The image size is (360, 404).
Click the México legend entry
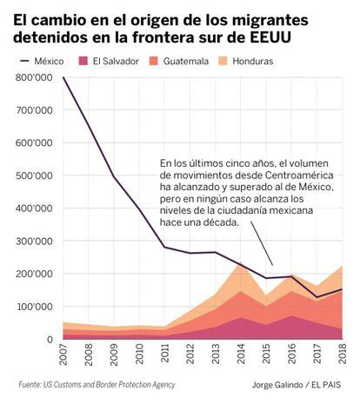tap(42, 61)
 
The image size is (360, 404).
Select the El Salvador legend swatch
tap(83, 61)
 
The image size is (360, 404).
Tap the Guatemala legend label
tap(186, 61)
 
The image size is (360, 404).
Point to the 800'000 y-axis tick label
tap(34, 77)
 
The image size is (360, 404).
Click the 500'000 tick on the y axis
tap(34, 176)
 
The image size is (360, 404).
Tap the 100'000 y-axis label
tap(34, 307)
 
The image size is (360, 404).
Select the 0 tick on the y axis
tap(50, 339)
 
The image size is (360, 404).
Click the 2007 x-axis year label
tap(63, 354)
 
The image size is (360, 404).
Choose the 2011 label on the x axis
tap(164, 354)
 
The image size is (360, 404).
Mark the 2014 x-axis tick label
tap(241, 354)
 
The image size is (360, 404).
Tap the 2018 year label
tap(343, 354)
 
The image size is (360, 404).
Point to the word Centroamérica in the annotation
tap(299, 175)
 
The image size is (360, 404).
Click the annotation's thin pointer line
tap(262, 243)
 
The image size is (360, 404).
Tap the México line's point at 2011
tap(164, 247)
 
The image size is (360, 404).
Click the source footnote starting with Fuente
tap(97, 385)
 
